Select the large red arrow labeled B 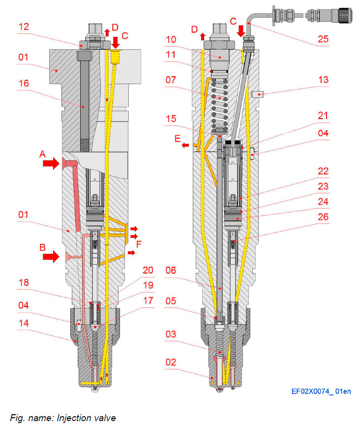pyautogui.click(x=51, y=256)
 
